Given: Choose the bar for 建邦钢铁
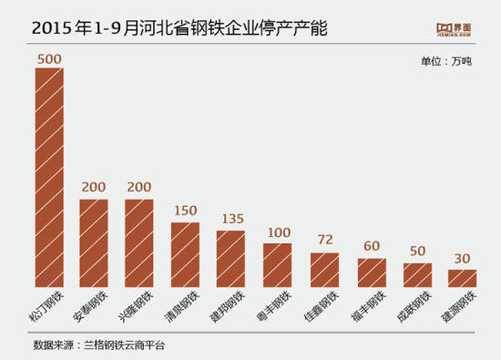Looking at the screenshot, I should click(x=230, y=259).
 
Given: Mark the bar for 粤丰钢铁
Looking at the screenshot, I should click(x=277, y=265).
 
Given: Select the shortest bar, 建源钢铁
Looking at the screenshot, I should click(x=462, y=278).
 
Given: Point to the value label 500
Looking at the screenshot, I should click(x=49, y=59).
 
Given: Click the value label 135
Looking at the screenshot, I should click(x=231, y=220).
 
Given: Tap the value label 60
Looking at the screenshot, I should click(x=371, y=248).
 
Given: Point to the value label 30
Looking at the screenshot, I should click(x=463, y=259).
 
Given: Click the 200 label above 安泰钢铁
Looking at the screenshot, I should click(x=93, y=189).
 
